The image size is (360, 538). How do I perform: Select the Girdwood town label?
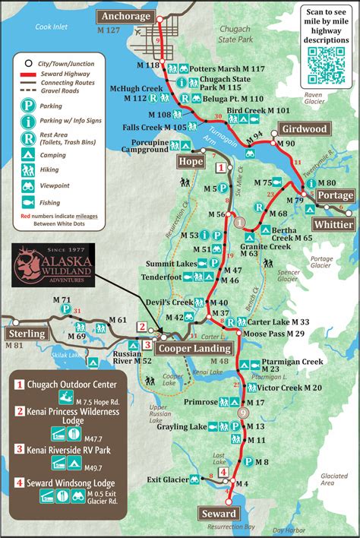tap(305, 128)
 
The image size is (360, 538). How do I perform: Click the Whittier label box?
tap(333, 224)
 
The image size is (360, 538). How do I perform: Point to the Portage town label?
tap(334, 196)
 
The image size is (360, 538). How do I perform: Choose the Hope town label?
tap(190, 161)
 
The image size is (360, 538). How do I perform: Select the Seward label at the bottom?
tap(218, 514)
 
